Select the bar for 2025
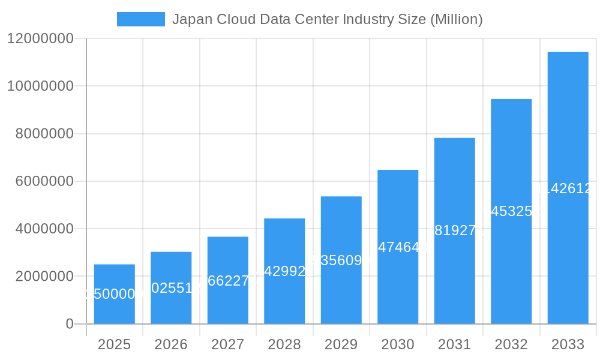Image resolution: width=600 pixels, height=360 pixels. click(x=114, y=294)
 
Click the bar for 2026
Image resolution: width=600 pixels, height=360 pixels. click(x=171, y=288)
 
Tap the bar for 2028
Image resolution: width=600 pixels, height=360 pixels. click(x=284, y=271)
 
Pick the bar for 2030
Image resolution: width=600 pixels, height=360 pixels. click(x=398, y=247)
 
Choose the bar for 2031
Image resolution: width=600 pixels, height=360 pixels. click(x=454, y=231)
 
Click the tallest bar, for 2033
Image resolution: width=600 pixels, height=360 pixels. click(x=568, y=188)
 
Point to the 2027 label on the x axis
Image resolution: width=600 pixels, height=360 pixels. click(x=227, y=344)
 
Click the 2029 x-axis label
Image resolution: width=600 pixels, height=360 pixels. click(x=341, y=344)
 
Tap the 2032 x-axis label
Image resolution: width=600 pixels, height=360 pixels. click(x=511, y=344)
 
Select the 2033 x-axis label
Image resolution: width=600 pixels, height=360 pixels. click(x=568, y=344)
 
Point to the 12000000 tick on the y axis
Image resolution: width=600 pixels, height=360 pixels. click(x=40, y=38)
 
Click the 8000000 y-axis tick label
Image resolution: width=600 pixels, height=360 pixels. click(x=44, y=134)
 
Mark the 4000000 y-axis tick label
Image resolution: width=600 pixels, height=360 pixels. click(x=44, y=229)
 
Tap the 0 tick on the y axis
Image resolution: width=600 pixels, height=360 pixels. click(x=69, y=324)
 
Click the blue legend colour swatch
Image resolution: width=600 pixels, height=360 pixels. click(x=140, y=19)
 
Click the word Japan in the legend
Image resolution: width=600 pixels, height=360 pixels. click(x=188, y=19)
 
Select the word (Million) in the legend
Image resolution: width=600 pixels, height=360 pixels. click(x=456, y=19)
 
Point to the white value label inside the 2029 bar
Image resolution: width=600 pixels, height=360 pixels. click(x=341, y=260)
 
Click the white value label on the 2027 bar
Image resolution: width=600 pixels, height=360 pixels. click(x=227, y=280)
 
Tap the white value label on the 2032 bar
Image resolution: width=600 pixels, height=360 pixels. click(x=511, y=211)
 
